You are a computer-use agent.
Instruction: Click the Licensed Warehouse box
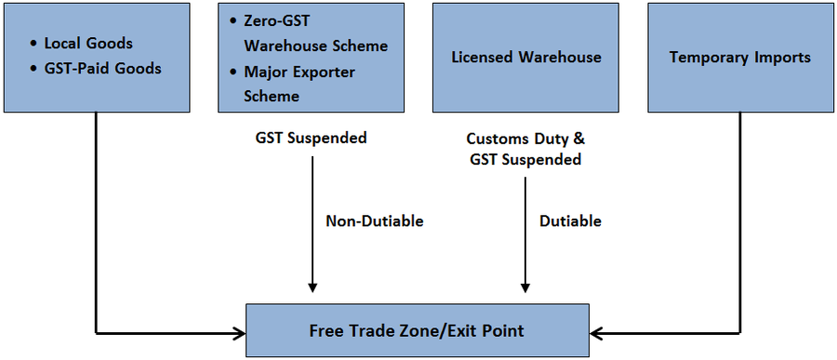pos(525,57)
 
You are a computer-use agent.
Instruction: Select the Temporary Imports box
pos(740,57)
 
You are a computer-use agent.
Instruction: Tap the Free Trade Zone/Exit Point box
pos(417,330)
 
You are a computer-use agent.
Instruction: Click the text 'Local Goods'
pos(88,44)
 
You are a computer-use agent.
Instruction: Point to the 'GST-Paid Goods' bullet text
pos(101,67)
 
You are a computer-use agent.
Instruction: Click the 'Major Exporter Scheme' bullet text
pos(299,84)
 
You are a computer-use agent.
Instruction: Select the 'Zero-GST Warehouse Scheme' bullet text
pos(315,33)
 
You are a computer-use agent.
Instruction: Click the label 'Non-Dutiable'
pos(374,221)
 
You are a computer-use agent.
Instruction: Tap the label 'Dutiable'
pos(570,221)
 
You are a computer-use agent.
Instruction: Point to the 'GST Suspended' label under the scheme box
pos(312,138)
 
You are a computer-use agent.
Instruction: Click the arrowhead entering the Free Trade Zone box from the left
pos(238,331)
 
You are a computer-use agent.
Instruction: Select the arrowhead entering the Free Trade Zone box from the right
pos(596,331)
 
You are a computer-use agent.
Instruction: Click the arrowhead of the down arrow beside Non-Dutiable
pos(312,286)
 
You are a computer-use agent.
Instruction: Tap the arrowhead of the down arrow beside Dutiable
pos(525,286)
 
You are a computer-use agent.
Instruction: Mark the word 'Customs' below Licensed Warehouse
pos(495,139)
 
